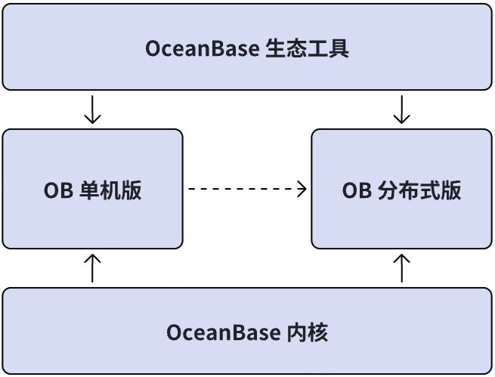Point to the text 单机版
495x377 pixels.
(x=110, y=190)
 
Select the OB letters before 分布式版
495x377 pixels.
(x=357, y=190)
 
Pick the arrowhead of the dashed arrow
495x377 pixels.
(x=303, y=189)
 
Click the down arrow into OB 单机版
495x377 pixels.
(x=92, y=110)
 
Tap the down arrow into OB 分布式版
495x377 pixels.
(x=402, y=110)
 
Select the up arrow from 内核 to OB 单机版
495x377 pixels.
(x=92, y=268)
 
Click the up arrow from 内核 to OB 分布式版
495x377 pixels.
(x=402, y=268)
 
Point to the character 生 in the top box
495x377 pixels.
(x=277, y=49)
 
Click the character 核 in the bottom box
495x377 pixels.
(x=319, y=332)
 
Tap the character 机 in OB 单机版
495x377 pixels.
(x=110, y=190)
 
